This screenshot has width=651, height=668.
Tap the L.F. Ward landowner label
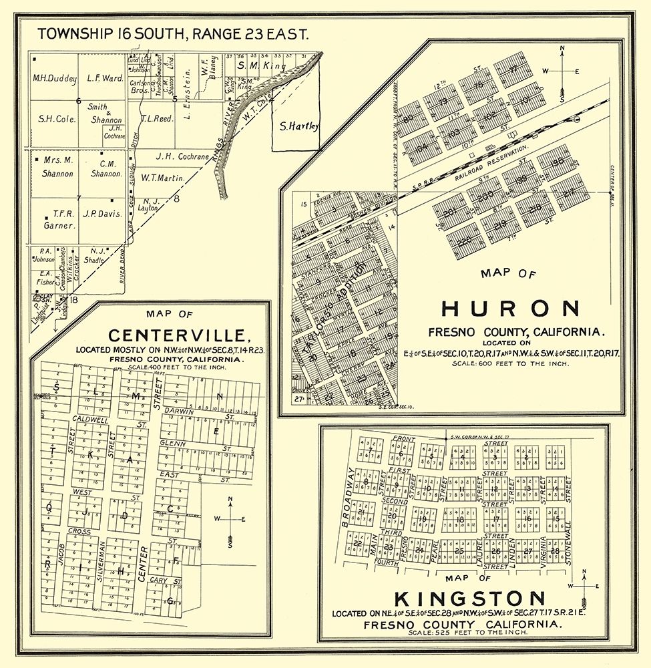[105, 77]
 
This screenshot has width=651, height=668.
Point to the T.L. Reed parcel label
[158, 118]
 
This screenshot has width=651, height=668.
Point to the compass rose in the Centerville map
[230, 519]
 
